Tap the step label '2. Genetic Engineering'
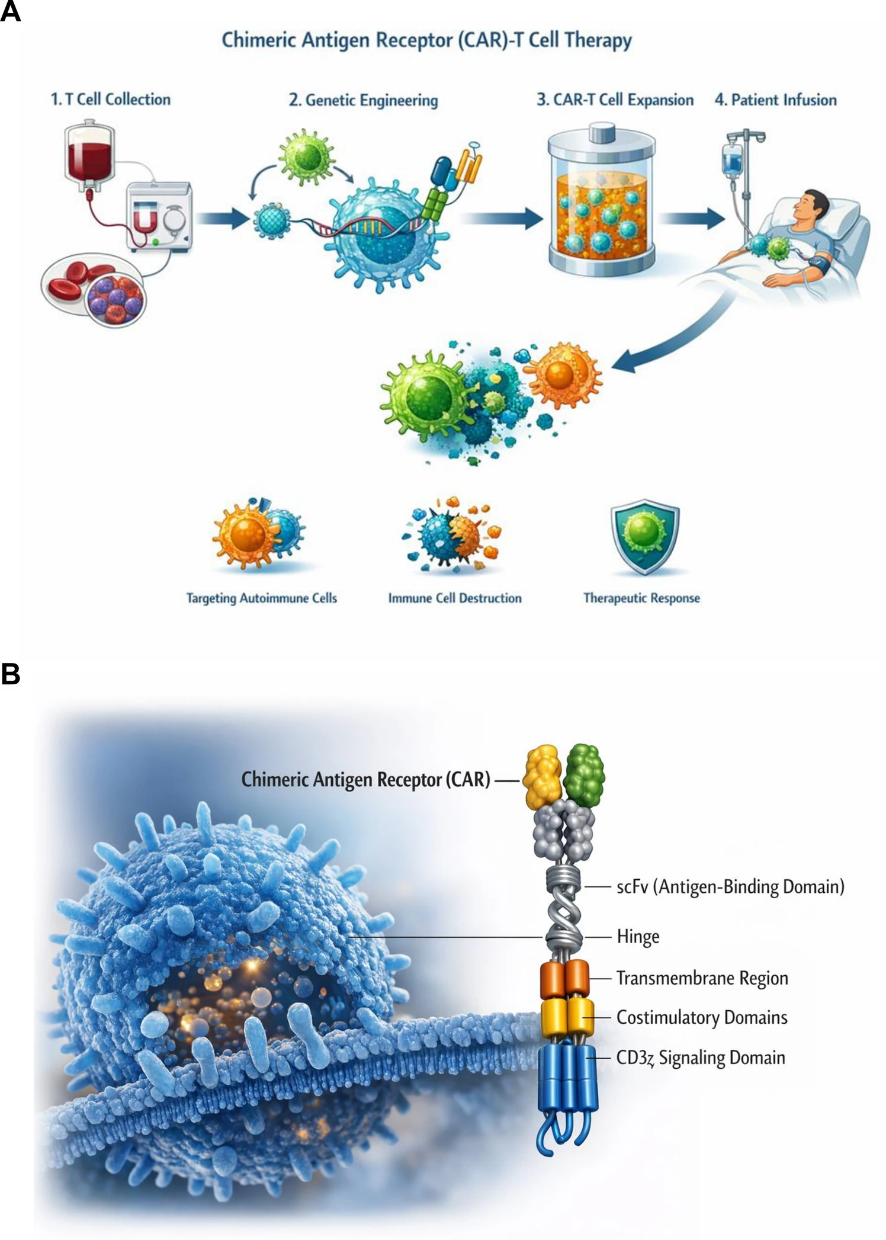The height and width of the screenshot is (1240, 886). (x=363, y=100)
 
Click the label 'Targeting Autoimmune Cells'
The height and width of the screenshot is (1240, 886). (x=261, y=598)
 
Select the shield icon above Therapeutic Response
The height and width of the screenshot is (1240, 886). (x=644, y=538)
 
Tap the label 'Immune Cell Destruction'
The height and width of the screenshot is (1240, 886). (x=454, y=598)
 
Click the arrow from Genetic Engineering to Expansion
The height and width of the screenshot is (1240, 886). (x=502, y=219)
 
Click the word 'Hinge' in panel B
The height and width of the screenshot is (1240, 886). (x=638, y=937)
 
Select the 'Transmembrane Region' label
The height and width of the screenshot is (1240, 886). (x=702, y=978)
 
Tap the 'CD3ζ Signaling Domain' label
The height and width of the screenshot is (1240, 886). (x=701, y=1058)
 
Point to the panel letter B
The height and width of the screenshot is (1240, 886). (x=11, y=674)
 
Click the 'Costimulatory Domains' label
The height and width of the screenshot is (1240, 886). (x=702, y=1018)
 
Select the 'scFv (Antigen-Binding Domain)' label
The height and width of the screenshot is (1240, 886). (x=730, y=887)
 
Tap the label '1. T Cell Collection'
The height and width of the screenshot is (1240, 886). (x=111, y=100)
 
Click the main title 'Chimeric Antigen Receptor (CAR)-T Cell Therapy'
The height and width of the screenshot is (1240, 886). (x=426, y=40)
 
